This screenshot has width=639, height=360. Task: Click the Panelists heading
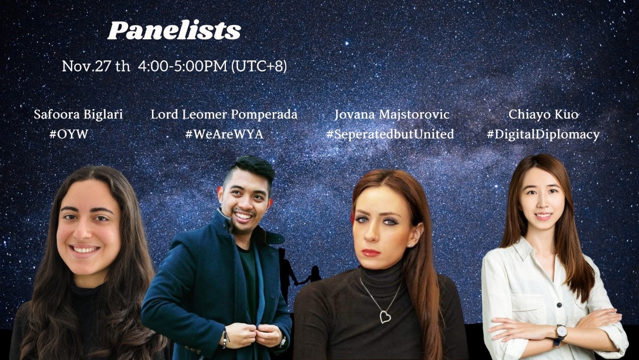(174, 31)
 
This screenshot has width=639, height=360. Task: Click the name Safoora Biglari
(78, 115)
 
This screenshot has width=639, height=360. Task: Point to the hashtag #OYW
(68, 134)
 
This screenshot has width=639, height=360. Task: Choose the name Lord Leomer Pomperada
(224, 115)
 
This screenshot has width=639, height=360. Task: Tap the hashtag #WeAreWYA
(224, 134)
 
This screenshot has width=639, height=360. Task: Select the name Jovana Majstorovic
(391, 115)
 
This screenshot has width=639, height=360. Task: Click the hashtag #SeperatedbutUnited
(390, 134)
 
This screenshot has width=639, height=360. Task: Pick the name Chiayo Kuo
(543, 115)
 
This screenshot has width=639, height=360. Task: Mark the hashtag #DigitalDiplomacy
(543, 134)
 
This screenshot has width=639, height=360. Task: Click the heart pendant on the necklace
(385, 317)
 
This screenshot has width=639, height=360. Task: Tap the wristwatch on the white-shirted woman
(561, 332)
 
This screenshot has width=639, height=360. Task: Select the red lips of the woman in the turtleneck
(371, 252)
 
